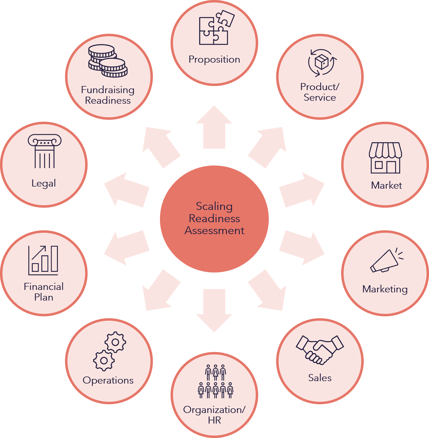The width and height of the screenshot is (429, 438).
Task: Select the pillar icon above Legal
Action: click(44, 151)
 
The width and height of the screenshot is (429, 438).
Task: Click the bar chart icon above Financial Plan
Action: click(44, 260)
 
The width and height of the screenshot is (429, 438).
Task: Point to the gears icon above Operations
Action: click(110, 351)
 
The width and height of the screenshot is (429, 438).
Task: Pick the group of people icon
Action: click(215, 381)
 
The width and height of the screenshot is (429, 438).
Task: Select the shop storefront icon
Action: click(385, 158)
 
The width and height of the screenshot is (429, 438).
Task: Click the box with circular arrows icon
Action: click(322, 62)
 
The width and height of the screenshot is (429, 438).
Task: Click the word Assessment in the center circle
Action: click(214, 231)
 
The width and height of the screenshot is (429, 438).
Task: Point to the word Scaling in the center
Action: click(214, 206)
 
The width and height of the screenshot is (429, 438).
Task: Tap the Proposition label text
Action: click(214, 59)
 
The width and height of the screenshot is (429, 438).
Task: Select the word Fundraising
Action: click(108, 90)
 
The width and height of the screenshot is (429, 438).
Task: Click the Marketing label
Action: click(385, 289)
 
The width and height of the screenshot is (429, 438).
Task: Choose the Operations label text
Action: click(108, 380)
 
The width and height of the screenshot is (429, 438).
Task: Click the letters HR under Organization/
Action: click(214, 420)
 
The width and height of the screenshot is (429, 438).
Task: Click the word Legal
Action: click(44, 183)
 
